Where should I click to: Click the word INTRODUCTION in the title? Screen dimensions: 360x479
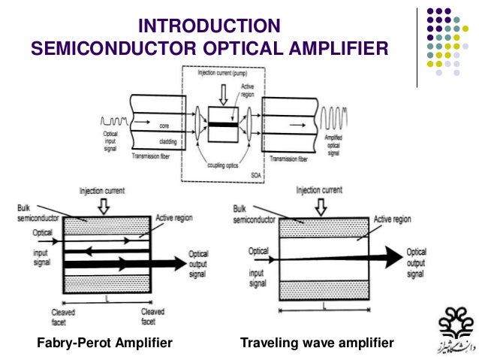tap(210, 27)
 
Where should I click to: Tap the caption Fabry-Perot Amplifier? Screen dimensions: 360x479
tap(105, 343)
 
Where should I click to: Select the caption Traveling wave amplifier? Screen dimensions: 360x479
tap(316, 343)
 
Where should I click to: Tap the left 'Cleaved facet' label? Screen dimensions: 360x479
tap(62, 316)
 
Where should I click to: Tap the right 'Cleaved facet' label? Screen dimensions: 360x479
tap(152, 316)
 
